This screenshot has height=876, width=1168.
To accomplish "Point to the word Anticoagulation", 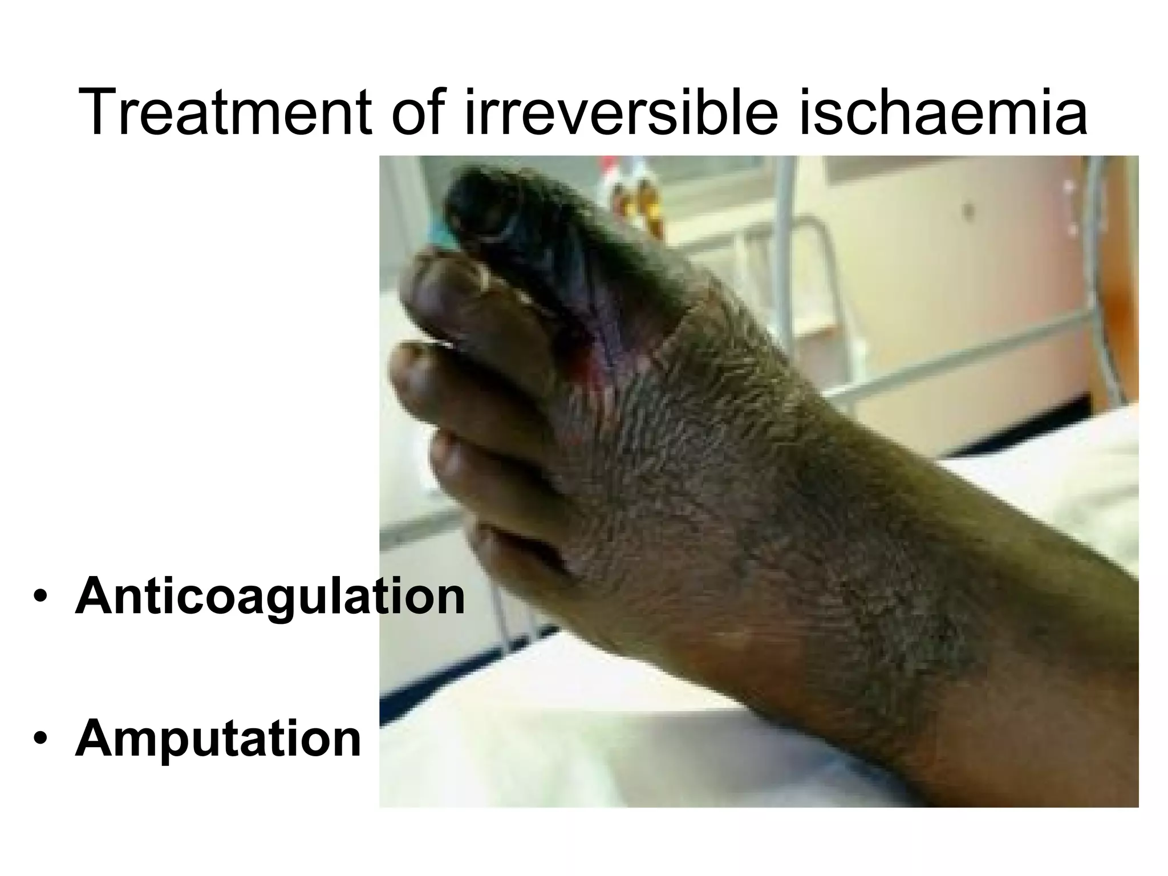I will pos(270,597).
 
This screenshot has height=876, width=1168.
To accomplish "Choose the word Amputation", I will pos(218,739).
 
